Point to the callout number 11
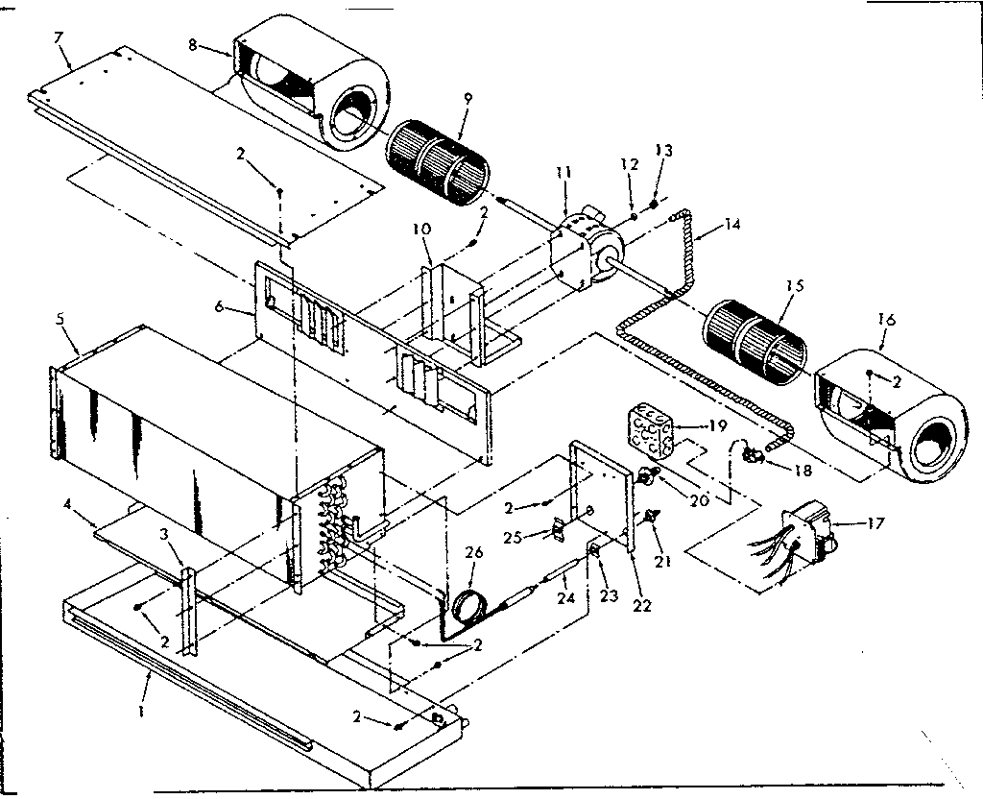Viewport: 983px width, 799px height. click(x=563, y=172)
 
